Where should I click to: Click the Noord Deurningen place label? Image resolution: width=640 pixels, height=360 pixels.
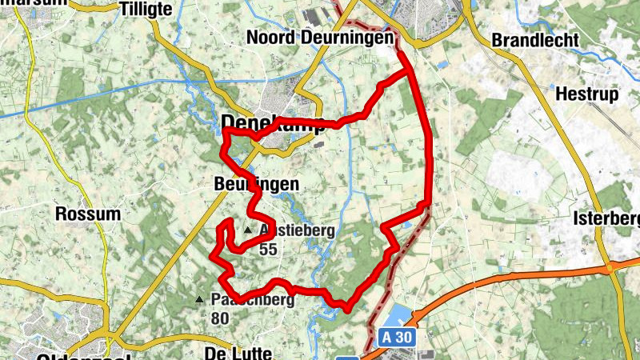tap(321, 38)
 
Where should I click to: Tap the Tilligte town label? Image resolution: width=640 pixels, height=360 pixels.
tap(145, 9)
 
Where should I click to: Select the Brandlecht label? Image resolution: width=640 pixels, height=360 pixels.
tap(534, 40)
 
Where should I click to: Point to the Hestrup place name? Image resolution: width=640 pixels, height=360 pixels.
tap(587, 94)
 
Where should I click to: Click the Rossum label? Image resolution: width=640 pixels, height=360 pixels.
tap(88, 214)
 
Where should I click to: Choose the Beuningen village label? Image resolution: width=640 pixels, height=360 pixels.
tap(257, 184)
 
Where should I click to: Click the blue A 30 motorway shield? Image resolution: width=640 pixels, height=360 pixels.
tap(397, 338)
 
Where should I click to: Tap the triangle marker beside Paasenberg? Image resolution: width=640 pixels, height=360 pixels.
tap(199, 300)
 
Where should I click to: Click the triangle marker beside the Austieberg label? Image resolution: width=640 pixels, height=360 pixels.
tap(248, 230)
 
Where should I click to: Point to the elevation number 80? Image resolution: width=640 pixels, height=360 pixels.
tap(221, 318)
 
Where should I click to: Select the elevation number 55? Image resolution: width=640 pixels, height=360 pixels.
tap(268, 249)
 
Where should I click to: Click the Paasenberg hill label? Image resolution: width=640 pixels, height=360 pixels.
tap(253, 300)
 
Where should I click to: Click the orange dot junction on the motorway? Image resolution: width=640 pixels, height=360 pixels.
tap(610, 266)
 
